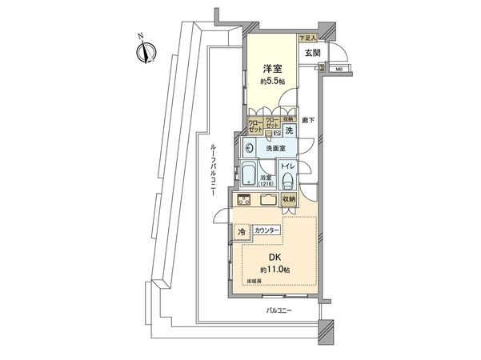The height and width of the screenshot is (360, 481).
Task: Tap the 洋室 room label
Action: [271, 70]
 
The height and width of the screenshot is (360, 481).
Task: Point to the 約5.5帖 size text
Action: [271, 82]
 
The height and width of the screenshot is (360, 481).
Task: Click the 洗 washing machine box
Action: [291, 131]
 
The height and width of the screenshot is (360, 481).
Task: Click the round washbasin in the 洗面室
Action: [249, 148]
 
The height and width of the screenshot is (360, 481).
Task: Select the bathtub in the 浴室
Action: [248, 176]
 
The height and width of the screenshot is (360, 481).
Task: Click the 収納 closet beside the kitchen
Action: [289, 199]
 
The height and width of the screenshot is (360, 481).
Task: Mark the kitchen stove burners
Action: [245, 200]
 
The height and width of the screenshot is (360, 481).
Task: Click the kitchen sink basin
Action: [267, 200]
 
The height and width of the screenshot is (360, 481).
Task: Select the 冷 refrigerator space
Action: [242, 232]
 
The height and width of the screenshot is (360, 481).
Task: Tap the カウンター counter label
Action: [267, 230]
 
